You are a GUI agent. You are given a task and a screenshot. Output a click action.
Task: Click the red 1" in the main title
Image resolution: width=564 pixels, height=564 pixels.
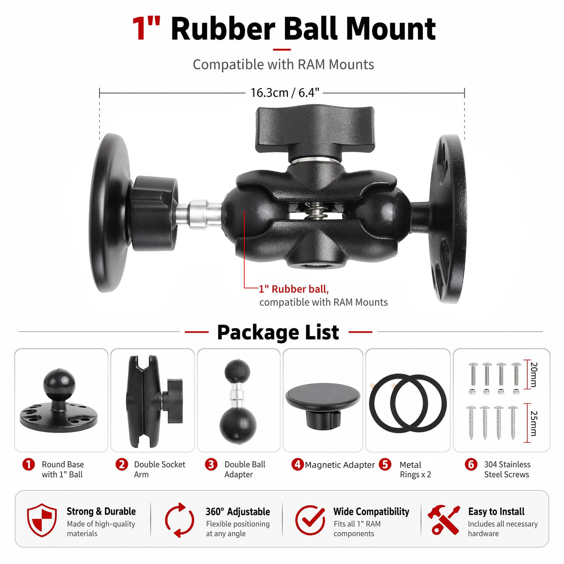click(x=146, y=28)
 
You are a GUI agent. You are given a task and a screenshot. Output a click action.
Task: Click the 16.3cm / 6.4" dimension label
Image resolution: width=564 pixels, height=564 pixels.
click(x=284, y=93)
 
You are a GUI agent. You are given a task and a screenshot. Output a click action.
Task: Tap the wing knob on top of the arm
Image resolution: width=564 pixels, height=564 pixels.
click(x=315, y=130)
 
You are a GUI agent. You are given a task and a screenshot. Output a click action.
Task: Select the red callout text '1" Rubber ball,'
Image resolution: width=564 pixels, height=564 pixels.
click(x=294, y=289)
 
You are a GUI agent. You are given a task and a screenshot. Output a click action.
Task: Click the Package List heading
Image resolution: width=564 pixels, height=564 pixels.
click(x=278, y=332)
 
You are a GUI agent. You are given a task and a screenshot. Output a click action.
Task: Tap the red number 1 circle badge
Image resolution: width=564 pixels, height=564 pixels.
click(x=28, y=465)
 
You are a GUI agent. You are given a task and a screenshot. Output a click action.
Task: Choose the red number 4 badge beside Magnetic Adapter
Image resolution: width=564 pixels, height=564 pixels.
click(x=297, y=464)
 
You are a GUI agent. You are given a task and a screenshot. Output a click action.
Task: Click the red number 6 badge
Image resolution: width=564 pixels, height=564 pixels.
click(x=471, y=465)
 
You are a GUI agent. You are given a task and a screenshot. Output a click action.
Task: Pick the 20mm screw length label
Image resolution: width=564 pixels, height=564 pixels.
click(x=533, y=374)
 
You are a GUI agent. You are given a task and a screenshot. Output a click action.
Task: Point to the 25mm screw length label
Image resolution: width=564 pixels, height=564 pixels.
click(x=533, y=423)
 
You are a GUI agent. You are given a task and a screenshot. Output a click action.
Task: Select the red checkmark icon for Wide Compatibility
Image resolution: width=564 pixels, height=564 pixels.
click(x=310, y=520)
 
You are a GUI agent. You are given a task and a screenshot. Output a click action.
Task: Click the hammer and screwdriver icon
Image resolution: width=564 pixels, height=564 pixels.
click(x=444, y=520)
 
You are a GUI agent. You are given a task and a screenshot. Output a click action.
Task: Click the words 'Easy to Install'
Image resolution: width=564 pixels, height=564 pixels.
click(x=496, y=512)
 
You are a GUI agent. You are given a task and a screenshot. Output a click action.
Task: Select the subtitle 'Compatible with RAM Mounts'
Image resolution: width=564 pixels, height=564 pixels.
click(x=283, y=65)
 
